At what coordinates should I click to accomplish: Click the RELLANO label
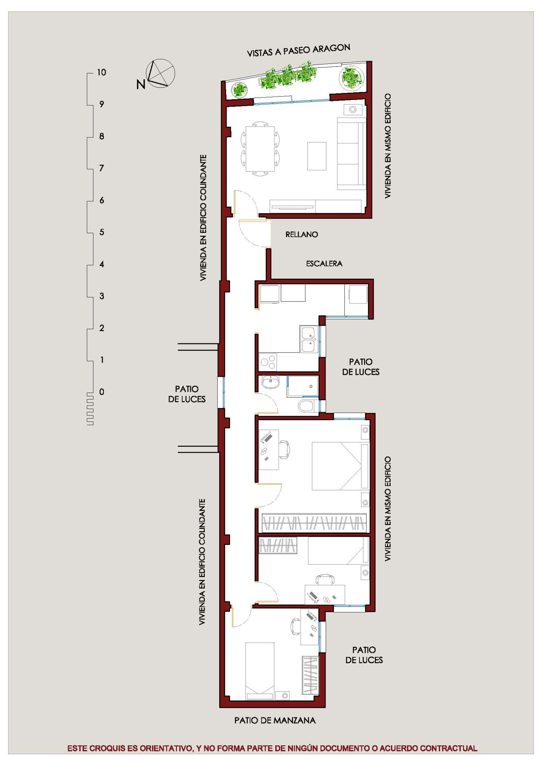[x=301, y=234]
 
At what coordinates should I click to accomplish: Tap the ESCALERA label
[x=324, y=264]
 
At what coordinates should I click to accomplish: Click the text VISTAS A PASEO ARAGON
[x=298, y=50]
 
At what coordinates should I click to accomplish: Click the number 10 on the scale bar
[x=101, y=72]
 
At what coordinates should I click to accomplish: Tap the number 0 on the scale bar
[x=101, y=392]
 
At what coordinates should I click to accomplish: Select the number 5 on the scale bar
[x=101, y=232]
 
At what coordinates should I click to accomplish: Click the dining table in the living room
[x=260, y=149]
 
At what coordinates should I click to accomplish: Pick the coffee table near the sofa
[x=317, y=156]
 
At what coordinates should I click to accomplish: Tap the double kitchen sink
[x=309, y=339]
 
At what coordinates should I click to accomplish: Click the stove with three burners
[x=268, y=362]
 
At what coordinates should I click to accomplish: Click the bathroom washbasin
[x=270, y=382]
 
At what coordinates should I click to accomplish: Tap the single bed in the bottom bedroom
[x=259, y=671]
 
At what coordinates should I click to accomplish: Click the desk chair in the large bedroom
[x=285, y=450]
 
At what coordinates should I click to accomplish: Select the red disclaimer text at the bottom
[x=272, y=749]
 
